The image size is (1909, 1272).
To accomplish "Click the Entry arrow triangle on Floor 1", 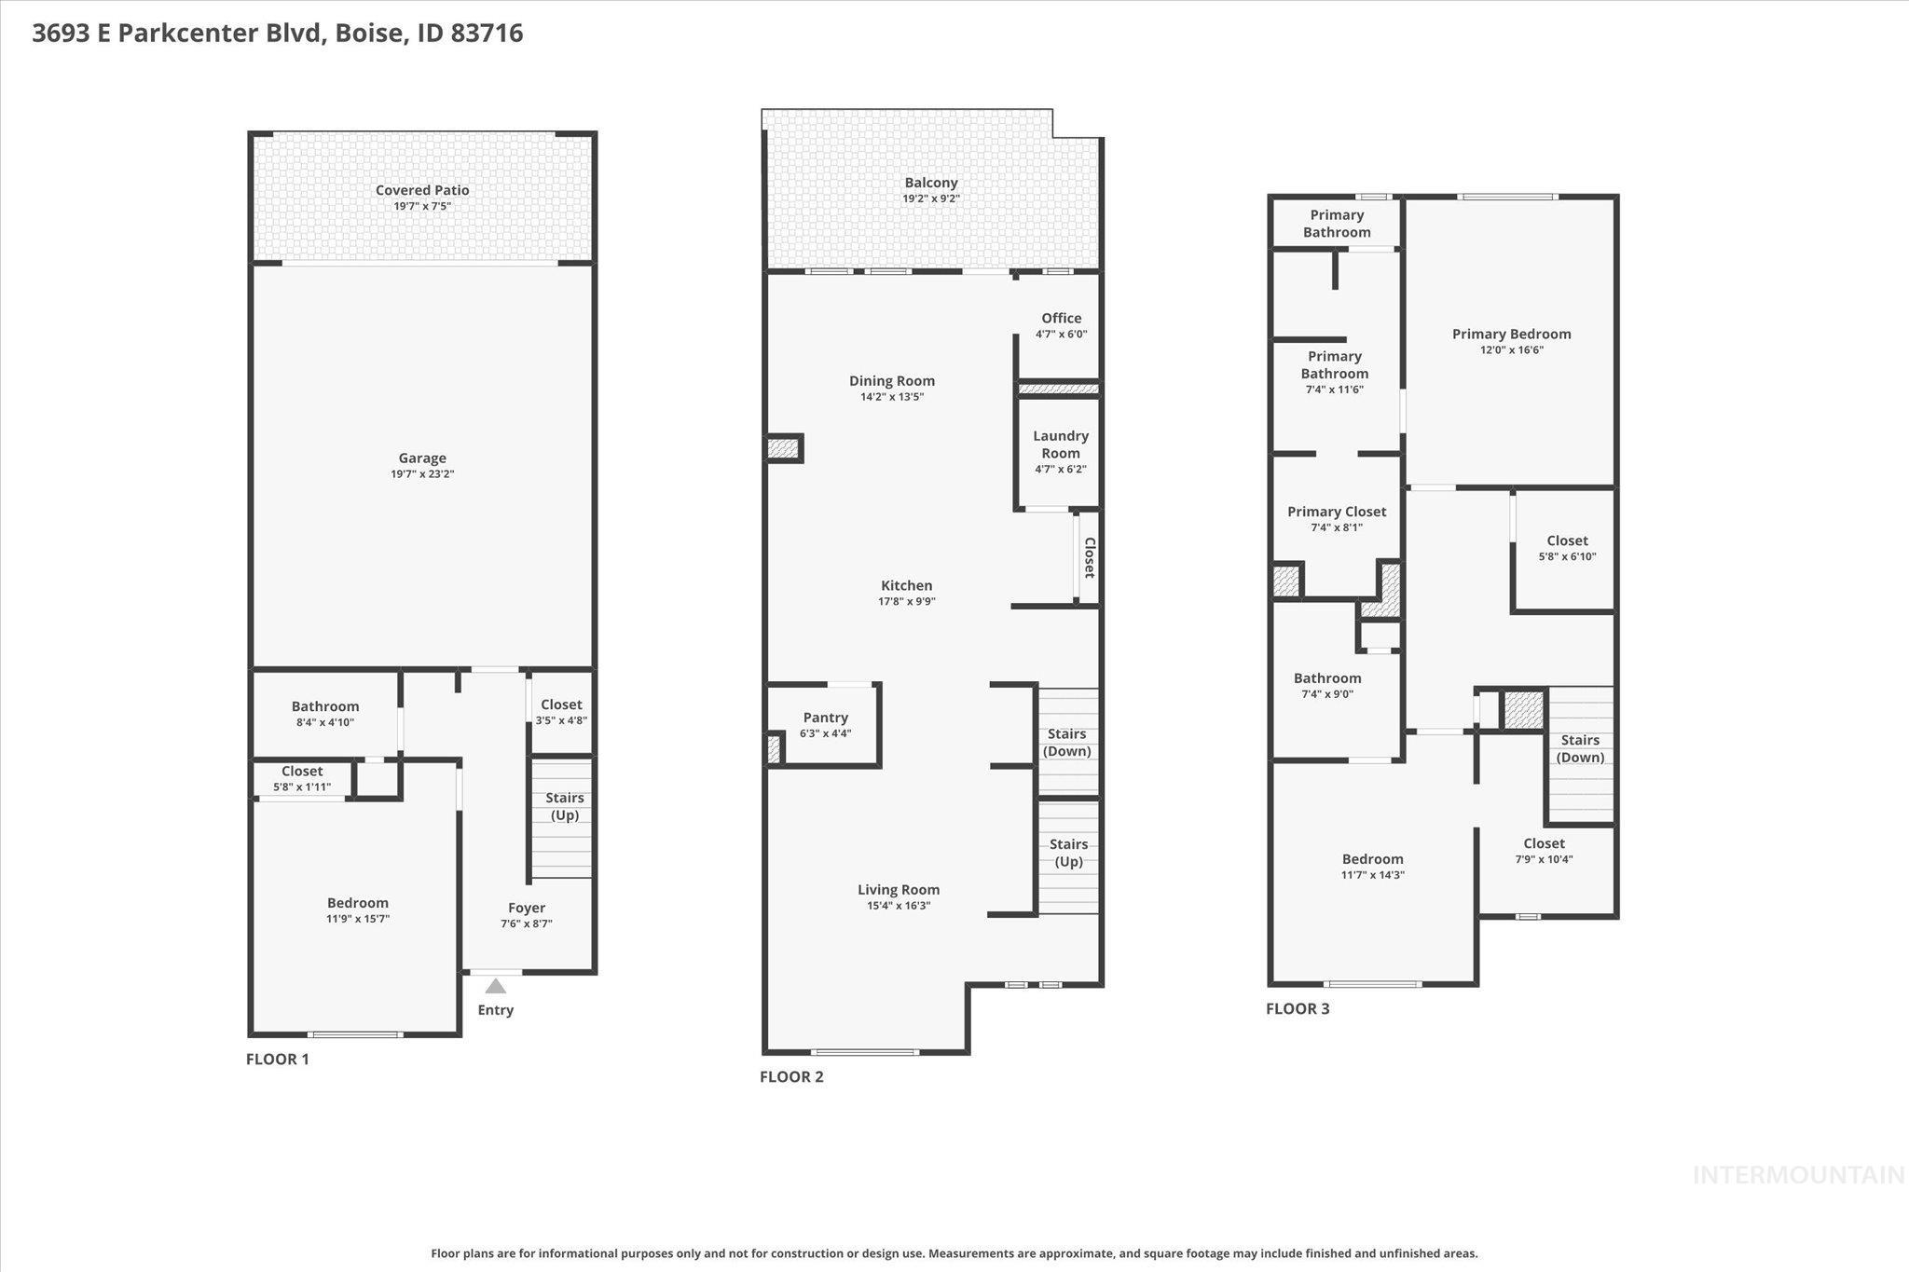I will click(496, 986).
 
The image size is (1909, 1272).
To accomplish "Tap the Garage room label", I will click(422, 458).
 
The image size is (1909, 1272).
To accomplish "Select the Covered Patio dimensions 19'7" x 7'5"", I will click(422, 206).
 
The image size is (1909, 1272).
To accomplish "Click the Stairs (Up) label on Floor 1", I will click(564, 806).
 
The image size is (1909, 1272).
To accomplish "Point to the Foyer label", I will click(527, 908).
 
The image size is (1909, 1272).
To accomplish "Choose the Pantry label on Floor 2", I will click(825, 718).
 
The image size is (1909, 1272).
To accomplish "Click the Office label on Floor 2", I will click(1061, 318).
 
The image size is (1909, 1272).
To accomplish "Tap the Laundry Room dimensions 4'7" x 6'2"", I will click(1061, 470).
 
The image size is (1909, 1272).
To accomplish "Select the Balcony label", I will click(930, 183).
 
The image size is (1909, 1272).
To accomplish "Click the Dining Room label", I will click(891, 380).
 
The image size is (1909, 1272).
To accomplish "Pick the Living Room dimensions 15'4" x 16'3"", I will click(899, 906).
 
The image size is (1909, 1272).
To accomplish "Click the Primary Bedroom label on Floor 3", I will click(1511, 334).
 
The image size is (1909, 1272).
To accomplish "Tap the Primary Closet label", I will click(1336, 512).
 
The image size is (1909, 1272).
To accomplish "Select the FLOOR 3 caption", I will click(1298, 1008).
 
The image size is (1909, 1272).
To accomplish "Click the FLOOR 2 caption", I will click(791, 1076).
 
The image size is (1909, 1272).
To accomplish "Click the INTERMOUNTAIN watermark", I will click(1798, 1175).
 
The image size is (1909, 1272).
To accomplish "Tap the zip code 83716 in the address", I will click(487, 34).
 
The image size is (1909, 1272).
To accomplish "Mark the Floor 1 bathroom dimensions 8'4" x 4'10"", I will click(324, 722).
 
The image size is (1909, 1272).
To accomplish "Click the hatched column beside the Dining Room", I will click(783, 449).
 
